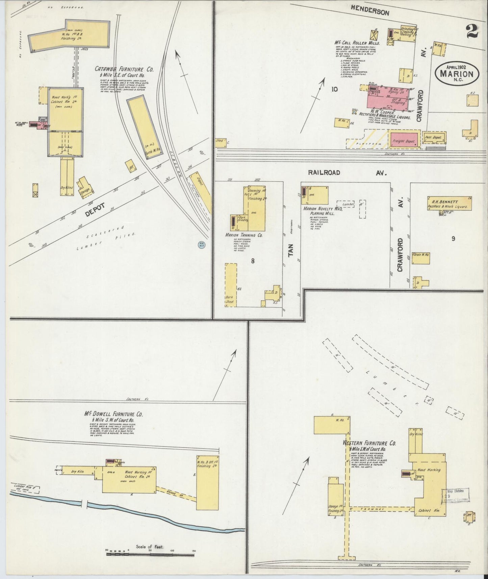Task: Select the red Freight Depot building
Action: click(405, 140)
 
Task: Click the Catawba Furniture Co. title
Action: click(124, 69)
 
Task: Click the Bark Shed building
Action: click(231, 285)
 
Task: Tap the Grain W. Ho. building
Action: click(421, 258)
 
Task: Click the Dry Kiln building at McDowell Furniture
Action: click(78, 472)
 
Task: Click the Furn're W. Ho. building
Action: click(144, 128)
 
